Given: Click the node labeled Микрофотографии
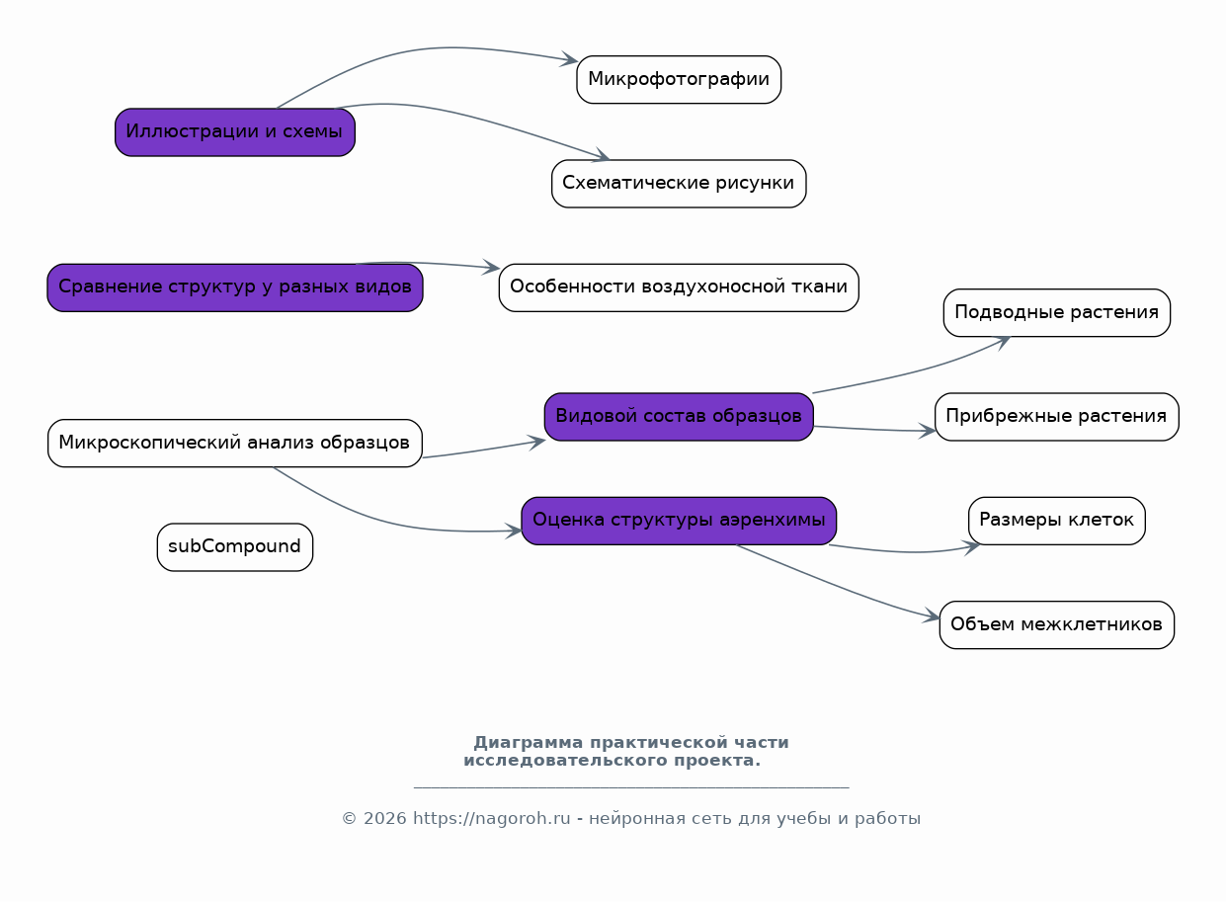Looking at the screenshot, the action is coord(679,79).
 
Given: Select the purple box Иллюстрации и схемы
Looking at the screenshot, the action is coord(235,132).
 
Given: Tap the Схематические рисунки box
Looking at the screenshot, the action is coord(679,184).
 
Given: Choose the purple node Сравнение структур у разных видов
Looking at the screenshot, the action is coord(235,287).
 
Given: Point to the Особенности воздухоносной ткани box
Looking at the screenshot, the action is coord(679,287).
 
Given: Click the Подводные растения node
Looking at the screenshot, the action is coord(1057,312).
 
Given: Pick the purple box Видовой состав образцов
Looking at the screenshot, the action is coord(679,417).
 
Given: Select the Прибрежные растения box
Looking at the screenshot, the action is coord(1057,417).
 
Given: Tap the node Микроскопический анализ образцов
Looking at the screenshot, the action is coord(235,443).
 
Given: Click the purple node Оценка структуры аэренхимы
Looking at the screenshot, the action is coord(679,521).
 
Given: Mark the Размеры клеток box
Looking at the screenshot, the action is coord(1057,521).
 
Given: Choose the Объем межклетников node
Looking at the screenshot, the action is coord(1057,624).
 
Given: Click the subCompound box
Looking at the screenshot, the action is coord(235,546).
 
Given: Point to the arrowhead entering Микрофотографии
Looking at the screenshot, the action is coord(570,59).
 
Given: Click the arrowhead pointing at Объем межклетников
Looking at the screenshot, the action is coord(932,615).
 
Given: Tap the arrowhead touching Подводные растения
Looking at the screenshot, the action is coord(1004,343).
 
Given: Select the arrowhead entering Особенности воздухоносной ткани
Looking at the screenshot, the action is coord(492,267).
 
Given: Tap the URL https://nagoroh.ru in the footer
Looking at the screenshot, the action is coord(492,819).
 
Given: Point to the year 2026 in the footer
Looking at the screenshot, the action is coord(384,819).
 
